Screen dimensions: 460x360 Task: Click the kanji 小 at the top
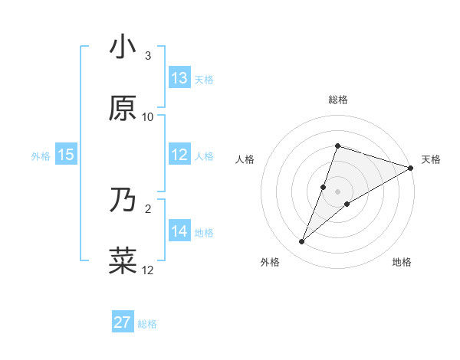tap(123, 48)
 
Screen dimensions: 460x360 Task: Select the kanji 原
tap(123, 108)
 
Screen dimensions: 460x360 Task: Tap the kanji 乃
tap(123, 201)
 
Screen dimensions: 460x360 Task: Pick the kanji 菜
tap(123, 260)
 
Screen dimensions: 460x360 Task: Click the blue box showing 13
tap(179, 77)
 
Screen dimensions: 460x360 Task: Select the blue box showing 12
tap(179, 155)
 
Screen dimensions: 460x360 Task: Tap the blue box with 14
tap(179, 231)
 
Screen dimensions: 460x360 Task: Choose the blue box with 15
tap(66, 155)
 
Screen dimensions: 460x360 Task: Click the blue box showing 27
tap(123, 322)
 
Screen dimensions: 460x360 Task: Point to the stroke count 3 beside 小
tap(148, 56)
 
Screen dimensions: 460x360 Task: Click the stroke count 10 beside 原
tap(148, 116)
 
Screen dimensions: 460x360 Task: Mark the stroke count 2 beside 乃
tap(148, 208)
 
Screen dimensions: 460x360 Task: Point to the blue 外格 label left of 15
tap(41, 155)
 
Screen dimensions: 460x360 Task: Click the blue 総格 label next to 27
tap(147, 323)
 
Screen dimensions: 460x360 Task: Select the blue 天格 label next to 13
tap(204, 78)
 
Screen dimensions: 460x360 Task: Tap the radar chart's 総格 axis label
tap(337, 100)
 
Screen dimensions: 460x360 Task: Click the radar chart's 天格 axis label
tap(431, 159)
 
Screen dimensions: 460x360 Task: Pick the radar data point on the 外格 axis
tap(302, 242)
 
